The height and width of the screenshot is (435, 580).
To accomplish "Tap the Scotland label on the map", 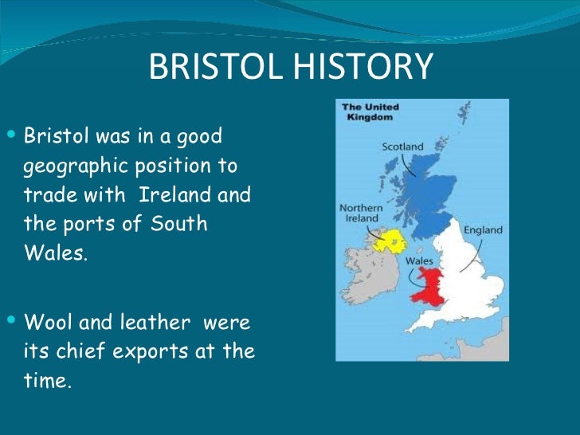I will click(x=403, y=147).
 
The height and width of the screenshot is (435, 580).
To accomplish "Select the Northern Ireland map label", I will click(x=361, y=214).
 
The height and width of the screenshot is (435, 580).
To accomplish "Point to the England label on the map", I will click(x=483, y=230).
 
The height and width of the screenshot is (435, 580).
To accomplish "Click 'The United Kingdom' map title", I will click(x=370, y=112).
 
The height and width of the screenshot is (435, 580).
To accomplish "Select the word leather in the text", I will click(x=151, y=323).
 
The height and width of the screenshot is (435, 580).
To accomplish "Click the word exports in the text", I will click(x=136, y=351).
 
